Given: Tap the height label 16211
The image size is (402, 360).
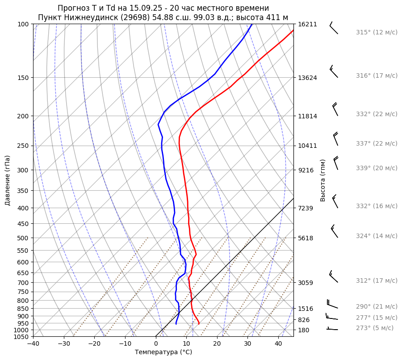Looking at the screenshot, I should pos(307,24).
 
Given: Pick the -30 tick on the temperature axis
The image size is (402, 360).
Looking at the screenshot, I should pos(64,343).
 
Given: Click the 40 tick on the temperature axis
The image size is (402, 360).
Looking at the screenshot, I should pos(278,343).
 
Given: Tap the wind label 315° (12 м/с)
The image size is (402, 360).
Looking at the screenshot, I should pos(377,32).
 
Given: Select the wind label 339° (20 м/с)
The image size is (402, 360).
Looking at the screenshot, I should pos(377,168).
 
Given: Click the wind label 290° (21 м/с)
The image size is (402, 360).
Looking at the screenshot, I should pos(377,306).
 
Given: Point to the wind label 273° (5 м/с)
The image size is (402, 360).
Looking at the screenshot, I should pos(375,328).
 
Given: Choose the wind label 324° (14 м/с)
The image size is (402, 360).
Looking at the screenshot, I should pos(377,236).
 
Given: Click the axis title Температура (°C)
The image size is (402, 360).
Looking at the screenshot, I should pos(163,352).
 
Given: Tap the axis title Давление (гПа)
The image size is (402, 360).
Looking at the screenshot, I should pos(8,180).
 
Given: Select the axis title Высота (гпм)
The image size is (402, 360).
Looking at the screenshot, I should pos(322,180).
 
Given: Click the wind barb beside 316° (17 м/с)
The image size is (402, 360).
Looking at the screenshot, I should pos(334,72).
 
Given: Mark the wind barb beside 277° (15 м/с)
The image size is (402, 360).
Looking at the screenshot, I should pos(331,318).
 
